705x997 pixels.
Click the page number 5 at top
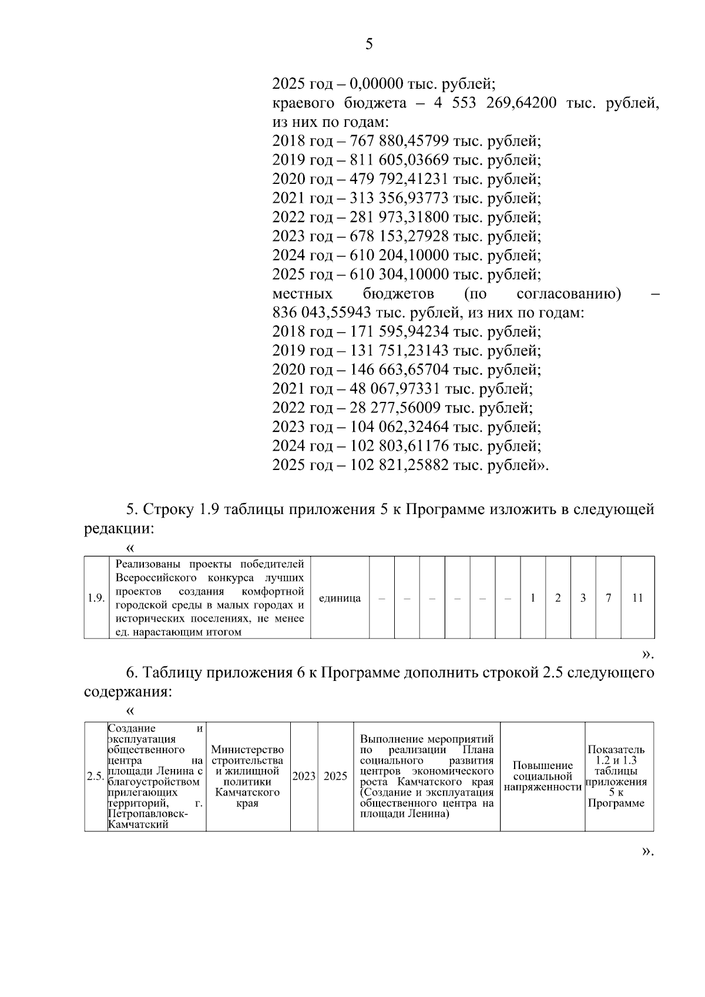coord(369,44)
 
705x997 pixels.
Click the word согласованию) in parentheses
coord(569,293)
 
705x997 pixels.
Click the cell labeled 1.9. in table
coord(96,598)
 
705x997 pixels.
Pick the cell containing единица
coord(340,598)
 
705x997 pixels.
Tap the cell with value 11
coord(637,598)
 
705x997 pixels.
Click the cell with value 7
coord(609,598)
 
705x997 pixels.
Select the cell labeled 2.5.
coord(95,776)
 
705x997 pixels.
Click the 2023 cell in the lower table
coord(304,776)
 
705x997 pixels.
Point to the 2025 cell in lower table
coord(335,776)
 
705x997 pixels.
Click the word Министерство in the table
coord(247,750)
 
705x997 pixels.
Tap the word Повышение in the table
coord(542,766)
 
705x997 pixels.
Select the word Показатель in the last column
coord(616,750)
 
